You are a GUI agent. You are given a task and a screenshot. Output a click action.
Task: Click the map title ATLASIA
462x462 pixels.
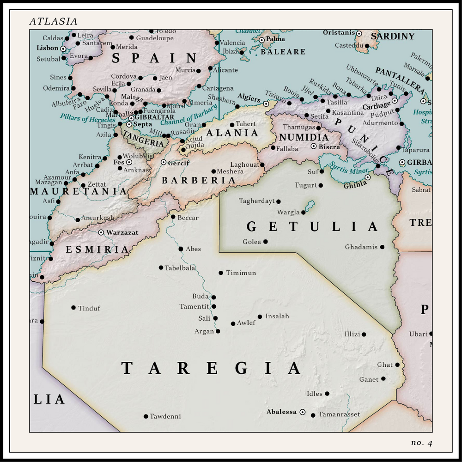pos(53,22)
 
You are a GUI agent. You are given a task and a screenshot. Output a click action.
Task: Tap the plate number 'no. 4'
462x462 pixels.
pos(421,443)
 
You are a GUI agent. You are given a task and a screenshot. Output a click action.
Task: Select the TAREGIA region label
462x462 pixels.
pos(211,368)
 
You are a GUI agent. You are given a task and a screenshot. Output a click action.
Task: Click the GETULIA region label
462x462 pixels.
pos(312,227)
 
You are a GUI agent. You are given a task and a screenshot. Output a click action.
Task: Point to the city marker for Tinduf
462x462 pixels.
pos(73,308)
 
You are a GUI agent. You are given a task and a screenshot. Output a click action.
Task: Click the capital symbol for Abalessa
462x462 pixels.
pos(303,412)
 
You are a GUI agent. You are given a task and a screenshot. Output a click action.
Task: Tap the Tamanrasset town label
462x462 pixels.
pos(339,414)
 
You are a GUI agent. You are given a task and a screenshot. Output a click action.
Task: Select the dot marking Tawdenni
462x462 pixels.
pos(146,416)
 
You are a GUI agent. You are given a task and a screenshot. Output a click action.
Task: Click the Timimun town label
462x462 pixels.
pos(241,273)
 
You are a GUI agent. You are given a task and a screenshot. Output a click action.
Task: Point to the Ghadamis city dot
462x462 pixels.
pos(382,247)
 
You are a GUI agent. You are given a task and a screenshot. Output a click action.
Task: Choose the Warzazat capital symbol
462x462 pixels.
pos(101,232)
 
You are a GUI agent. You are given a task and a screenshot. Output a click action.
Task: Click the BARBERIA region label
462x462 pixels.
pos(198,181)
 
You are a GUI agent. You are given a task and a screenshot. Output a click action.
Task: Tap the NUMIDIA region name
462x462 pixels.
pos(304,137)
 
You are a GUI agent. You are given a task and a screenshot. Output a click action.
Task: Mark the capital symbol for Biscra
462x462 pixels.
pos(314,146)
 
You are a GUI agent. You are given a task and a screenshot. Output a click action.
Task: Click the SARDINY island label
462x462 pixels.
pos(392,36)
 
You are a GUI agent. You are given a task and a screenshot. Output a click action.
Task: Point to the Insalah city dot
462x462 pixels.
pos(260,316)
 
